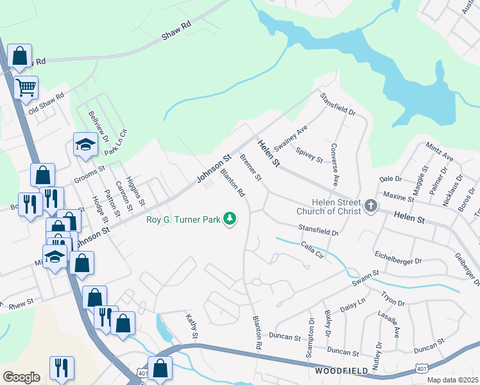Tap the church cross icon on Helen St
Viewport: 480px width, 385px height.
tap(370, 207)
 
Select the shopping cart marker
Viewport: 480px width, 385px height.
tap(26, 87)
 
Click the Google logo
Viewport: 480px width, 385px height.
tap(21, 377)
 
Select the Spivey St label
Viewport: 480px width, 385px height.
tap(309, 154)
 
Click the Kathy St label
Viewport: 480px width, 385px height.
tap(191, 327)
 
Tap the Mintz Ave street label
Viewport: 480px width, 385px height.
tap(440, 152)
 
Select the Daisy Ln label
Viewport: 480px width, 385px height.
tap(352, 305)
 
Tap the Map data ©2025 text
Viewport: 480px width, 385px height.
tap(453, 380)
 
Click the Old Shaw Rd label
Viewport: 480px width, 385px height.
tap(46, 103)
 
